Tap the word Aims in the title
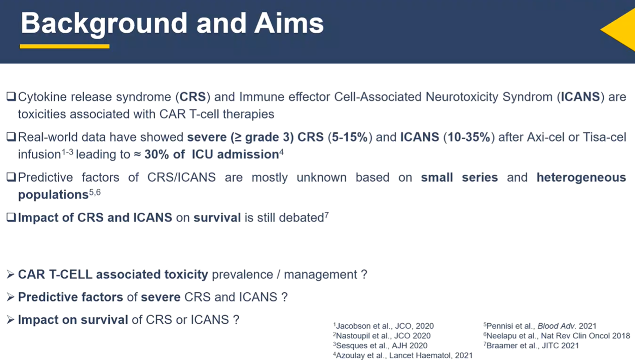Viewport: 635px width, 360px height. pos(289,23)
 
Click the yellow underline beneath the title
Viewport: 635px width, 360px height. pos(64,46)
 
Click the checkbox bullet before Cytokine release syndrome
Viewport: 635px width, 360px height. pos(11,96)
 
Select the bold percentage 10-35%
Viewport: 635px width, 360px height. pos(469,137)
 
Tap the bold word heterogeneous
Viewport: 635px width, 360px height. pos(581,178)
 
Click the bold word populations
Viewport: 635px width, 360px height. pos(53,195)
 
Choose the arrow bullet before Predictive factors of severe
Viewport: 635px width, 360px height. pos(10,297)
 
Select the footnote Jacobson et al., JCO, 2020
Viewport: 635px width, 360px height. pos(383,326)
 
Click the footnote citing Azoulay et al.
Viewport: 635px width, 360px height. pos(403,355)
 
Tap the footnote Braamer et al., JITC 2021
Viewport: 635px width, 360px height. pos(531,346)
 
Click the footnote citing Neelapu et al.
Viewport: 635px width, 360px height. pos(557,336)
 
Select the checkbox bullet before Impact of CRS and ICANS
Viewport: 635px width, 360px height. pos(11,217)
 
